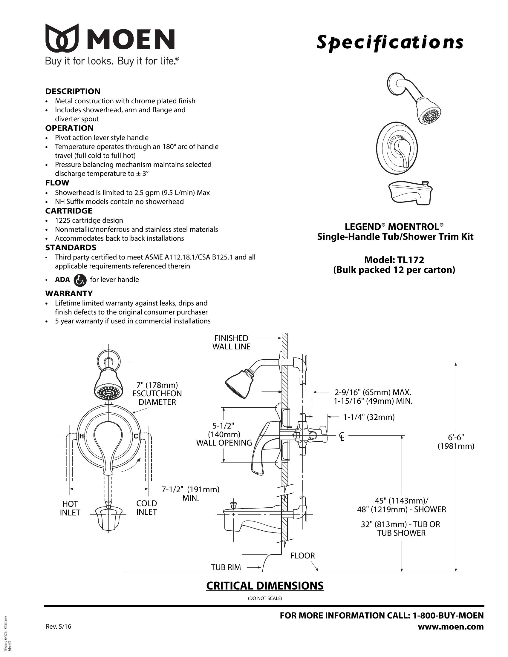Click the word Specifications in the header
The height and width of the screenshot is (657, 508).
(390, 42)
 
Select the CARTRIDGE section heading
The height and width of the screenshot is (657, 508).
(69, 211)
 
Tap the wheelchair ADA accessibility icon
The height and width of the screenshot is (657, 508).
(80, 280)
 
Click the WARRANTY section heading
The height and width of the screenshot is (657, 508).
(69, 293)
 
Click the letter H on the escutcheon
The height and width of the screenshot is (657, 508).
(81, 436)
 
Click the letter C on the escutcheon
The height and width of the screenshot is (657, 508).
(136, 436)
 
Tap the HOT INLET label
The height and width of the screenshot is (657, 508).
(70, 508)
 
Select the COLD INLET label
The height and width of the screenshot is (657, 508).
(146, 507)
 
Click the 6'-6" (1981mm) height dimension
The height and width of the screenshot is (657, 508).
(456, 442)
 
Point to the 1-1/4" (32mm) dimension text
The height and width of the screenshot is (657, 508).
(369, 417)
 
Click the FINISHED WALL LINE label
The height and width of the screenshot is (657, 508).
(231, 342)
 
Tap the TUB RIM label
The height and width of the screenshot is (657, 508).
(226, 567)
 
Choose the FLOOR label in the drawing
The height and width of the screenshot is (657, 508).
(302, 556)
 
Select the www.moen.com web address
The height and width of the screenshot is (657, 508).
(451, 627)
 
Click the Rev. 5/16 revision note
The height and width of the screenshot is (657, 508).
(58, 627)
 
